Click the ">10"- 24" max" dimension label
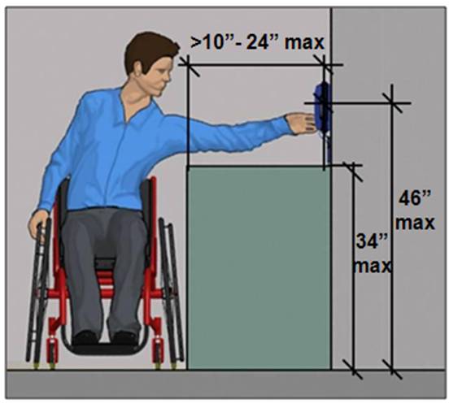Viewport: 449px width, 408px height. click(x=257, y=42)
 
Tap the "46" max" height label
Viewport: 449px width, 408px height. click(x=415, y=211)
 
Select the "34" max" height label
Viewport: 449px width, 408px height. click(x=372, y=254)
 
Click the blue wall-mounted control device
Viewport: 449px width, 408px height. click(x=323, y=109)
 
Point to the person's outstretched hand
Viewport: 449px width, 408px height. click(x=301, y=124)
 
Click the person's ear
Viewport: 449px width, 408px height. click(x=139, y=69)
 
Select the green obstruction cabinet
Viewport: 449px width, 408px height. click(x=259, y=267)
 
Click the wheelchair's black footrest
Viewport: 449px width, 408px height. click(x=106, y=349)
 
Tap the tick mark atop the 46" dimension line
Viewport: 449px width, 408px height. click(x=392, y=102)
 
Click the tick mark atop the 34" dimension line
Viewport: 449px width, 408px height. click(x=354, y=171)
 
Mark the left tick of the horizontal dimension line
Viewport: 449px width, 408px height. click(x=188, y=66)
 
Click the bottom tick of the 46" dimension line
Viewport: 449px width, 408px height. click(x=392, y=370)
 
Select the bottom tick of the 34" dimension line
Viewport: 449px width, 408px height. click(x=354, y=370)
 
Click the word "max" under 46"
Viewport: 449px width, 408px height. click(x=416, y=224)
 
